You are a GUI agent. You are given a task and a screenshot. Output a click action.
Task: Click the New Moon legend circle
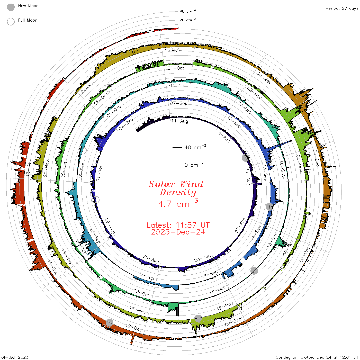point(11,7)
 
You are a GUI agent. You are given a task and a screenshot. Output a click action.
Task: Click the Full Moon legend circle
point(11,22)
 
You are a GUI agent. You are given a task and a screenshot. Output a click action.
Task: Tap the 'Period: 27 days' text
point(342,8)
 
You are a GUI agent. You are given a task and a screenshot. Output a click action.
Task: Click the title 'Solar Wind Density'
point(176,188)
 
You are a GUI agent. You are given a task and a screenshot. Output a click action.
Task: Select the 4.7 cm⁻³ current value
point(178,203)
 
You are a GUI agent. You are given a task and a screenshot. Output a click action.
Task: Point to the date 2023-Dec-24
point(178,232)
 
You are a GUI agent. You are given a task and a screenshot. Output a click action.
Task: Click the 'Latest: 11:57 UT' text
point(178,225)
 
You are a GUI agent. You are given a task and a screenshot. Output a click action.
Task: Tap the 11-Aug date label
point(179,121)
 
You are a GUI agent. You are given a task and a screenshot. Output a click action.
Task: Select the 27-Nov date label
point(174,50)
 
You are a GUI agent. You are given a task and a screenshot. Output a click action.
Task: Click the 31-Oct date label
point(176,68)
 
